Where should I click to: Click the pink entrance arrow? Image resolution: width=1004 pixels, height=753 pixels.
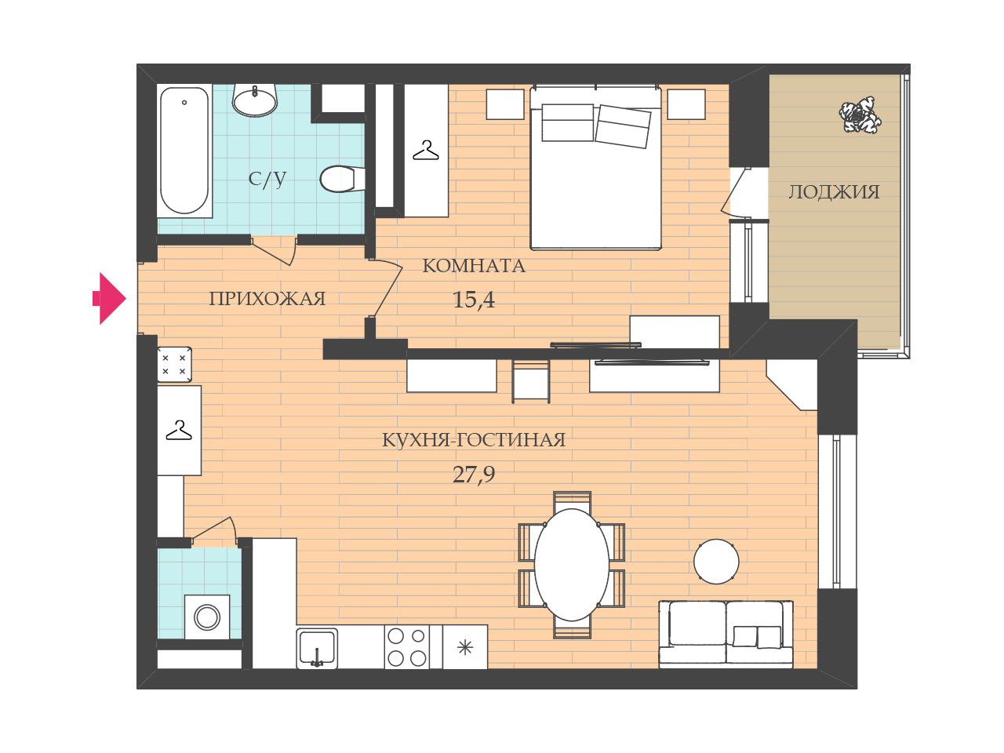110,298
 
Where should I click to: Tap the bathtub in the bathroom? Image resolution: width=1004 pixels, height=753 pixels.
184,151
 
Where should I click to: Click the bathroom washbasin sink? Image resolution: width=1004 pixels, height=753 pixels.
254,99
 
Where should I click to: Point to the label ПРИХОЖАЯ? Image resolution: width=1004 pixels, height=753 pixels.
267,299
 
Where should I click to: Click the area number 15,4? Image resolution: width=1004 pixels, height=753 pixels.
474,300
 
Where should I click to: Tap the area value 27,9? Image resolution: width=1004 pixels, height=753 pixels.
474,475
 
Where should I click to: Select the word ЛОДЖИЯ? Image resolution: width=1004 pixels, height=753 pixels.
834,191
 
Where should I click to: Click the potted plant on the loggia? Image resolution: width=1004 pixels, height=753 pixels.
860,115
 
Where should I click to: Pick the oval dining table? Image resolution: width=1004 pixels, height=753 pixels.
571,565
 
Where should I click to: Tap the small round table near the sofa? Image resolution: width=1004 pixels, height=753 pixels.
716,562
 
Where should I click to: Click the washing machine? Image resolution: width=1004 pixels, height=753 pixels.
207,617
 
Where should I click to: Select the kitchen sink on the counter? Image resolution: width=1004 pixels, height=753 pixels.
317,649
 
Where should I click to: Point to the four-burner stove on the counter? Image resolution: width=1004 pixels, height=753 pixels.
406,647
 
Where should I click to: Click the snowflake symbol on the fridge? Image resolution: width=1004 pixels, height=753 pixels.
465,647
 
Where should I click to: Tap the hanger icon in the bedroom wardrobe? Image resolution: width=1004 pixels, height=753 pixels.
425,151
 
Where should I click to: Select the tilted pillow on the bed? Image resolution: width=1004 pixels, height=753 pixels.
623,126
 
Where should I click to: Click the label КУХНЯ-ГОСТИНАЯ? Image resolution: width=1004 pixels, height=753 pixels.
474,440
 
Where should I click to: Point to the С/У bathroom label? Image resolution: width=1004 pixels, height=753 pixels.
267,178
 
